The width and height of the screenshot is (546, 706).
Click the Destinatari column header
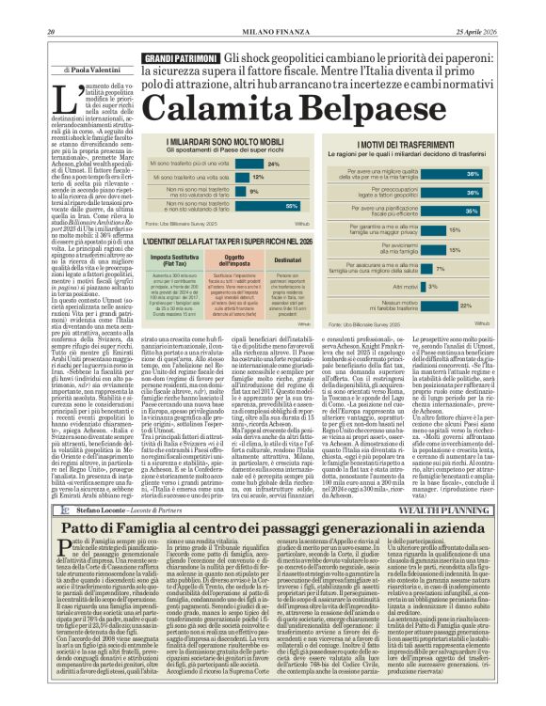[x=287, y=257]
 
